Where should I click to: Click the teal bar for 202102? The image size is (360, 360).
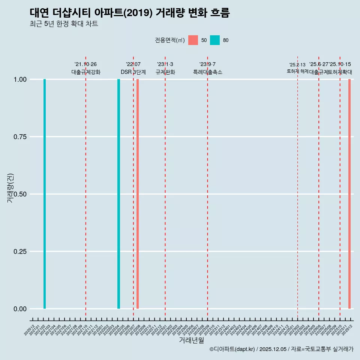tap(45, 194)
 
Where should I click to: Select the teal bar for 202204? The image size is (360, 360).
tap(119, 194)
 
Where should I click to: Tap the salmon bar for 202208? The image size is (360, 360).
tap(138, 194)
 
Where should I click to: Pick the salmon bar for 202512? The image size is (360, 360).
tap(349, 194)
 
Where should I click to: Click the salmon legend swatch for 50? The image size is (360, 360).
tap(193, 40)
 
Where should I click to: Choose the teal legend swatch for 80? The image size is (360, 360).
tap(215, 40)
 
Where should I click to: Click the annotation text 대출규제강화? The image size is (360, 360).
tap(86, 72)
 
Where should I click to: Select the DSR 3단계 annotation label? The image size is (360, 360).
tap(133, 72)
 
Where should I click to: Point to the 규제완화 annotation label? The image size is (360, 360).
tap(165, 72)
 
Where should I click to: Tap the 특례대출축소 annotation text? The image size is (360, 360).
tap(208, 72)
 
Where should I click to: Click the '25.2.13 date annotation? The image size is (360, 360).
tap(297, 65)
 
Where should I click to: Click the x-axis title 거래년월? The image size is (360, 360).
tap(191, 340)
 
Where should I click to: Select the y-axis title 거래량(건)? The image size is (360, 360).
tap(10, 188)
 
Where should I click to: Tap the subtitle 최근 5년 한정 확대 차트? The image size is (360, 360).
tap(64, 24)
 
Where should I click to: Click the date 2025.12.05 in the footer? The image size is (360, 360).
tap(273, 349)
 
